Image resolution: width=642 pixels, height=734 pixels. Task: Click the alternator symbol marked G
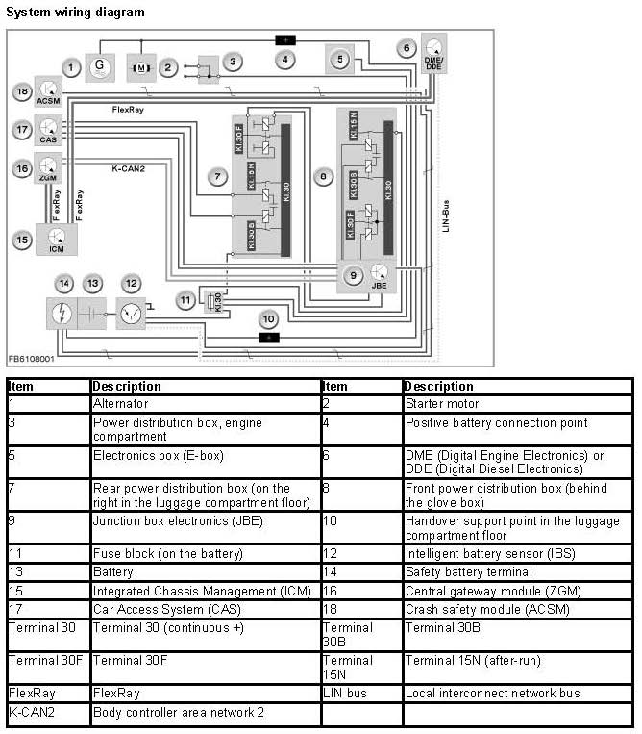point(99,67)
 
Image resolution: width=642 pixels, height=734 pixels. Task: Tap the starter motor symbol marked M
point(141,67)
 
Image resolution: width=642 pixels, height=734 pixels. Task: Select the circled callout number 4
point(285,60)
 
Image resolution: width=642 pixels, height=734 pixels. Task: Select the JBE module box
point(380,276)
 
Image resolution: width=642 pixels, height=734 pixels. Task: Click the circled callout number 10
point(269,318)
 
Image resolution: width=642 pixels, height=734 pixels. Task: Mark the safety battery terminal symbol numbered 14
point(62,314)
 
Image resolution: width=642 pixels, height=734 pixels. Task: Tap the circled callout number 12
point(131,284)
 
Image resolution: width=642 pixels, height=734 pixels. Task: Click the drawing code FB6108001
point(32,358)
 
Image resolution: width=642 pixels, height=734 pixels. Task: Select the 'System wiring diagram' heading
point(76,13)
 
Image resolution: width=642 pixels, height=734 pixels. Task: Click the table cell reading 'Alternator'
point(115,404)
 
